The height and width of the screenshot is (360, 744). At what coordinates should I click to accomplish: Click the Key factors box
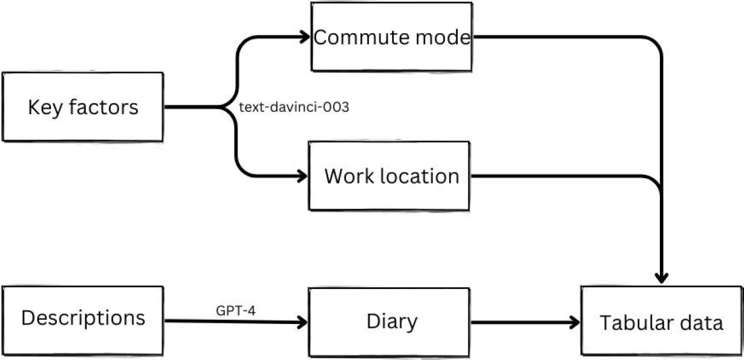coord(83,107)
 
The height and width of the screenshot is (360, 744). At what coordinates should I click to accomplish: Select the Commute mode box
coord(392,37)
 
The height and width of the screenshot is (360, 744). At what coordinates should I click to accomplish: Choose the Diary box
coord(391,322)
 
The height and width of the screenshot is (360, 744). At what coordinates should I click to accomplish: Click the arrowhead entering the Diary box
coord(303,323)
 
